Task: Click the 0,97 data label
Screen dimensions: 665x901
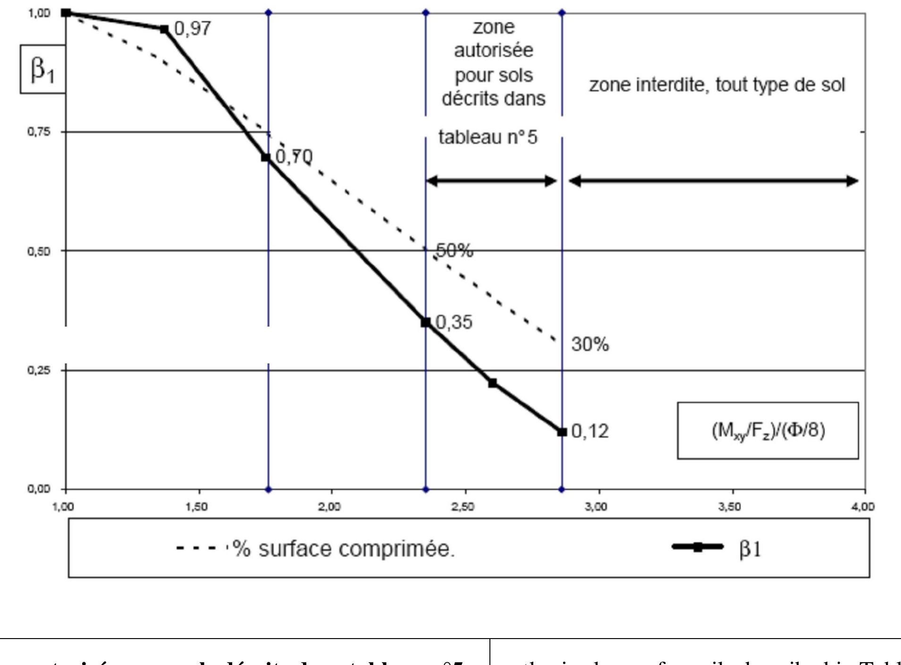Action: (193, 29)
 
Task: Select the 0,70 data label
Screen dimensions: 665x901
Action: (294, 157)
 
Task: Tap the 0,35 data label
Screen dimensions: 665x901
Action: (454, 322)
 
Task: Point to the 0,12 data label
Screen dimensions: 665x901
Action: (590, 431)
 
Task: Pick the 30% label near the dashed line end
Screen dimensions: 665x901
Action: (590, 345)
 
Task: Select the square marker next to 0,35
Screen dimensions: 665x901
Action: (426, 322)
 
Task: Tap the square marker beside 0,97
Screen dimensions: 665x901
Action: (164, 29)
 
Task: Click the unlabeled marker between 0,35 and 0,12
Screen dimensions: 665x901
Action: (493, 383)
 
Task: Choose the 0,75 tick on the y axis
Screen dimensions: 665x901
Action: (39, 132)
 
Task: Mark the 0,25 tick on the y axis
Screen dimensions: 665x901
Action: (39, 370)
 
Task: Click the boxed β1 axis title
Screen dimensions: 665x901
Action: (42, 69)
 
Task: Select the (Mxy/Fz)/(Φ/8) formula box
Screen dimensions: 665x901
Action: (768, 430)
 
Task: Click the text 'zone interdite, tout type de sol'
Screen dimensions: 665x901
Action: (716, 85)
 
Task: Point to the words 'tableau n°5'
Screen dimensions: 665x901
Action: (488, 137)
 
